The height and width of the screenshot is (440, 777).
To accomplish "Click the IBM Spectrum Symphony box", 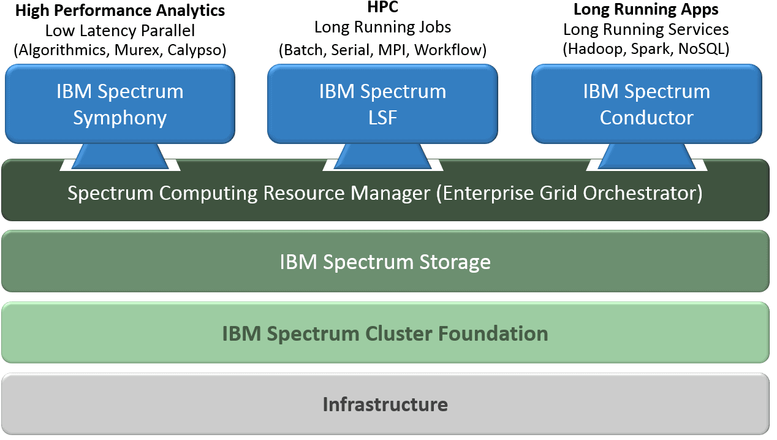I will coord(120,104).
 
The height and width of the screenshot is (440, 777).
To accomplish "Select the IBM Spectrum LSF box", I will coord(382,104).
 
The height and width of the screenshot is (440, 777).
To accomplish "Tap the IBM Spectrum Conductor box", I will coord(646,104).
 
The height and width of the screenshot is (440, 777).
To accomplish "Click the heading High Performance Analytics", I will coord(120,10).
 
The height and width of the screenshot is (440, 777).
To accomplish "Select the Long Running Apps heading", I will coord(646,10).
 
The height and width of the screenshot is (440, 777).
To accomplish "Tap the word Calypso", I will coord(200,50).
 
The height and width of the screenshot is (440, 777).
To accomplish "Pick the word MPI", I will coord(390,50).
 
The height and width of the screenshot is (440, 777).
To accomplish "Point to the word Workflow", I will coord(449,50).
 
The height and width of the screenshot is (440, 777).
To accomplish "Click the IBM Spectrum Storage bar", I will coord(385,262).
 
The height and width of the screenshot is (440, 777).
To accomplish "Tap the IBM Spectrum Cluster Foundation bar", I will coord(385,333).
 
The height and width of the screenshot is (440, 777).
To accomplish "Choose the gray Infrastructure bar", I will coord(385,404).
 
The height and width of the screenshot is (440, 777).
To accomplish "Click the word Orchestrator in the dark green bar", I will coord(648,193).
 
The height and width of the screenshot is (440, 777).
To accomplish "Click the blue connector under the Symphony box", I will coord(120,156).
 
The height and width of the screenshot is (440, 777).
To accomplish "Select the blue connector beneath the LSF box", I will coord(382,156).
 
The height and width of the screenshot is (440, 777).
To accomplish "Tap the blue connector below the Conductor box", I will coord(646,156).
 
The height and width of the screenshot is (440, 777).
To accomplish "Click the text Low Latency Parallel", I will coord(120,30).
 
